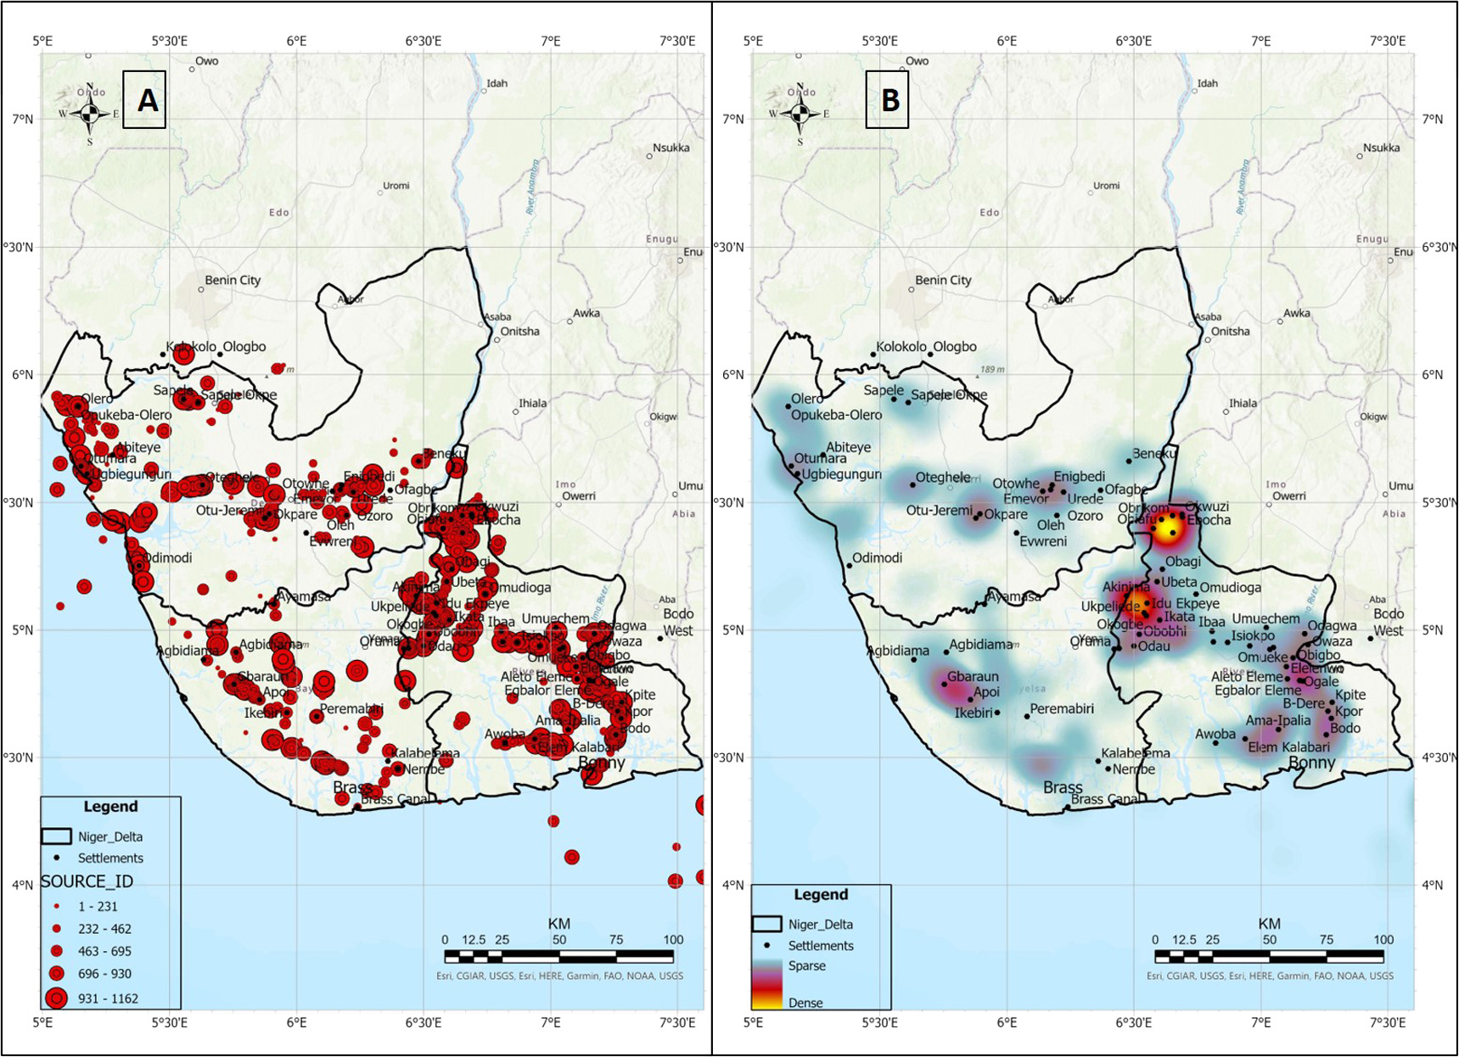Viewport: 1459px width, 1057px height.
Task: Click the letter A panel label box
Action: tap(144, 100)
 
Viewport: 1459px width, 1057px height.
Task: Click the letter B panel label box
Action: tap(887, 100)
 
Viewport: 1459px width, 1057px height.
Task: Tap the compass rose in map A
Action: tap(90, 114)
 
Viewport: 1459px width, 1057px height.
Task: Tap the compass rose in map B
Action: tap(800, 114)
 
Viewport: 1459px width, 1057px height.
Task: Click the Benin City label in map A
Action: tap(233, 281)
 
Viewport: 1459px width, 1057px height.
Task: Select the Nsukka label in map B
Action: tap(1381, 148)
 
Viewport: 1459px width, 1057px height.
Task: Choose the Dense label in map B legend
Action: tap(805, 1003)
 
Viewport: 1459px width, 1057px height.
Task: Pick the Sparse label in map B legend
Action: tap(806, 965)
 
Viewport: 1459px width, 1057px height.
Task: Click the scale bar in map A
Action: tap(558, 956)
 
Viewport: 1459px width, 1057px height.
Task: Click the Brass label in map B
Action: tap(1063, 787)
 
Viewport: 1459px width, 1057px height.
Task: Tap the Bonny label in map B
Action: tap(1311, 763)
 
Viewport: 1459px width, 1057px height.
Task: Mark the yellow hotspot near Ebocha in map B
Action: tap(1169, 526)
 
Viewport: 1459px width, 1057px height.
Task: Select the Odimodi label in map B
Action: tap(877, 558)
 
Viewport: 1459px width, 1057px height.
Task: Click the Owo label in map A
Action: tap(206, 61)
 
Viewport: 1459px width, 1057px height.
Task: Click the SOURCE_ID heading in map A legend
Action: tap(87, 882)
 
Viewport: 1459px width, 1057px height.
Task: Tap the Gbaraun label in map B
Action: tap(973, 677)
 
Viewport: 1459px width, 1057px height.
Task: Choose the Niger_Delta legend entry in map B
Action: tap(820, 925)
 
